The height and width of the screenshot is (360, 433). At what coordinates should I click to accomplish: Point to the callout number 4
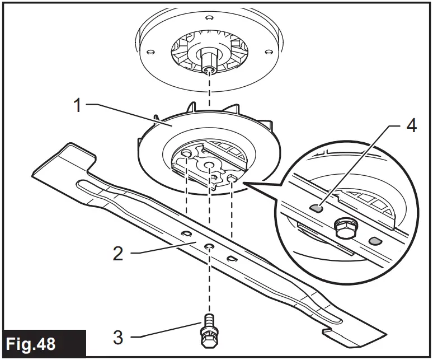coord(411,127)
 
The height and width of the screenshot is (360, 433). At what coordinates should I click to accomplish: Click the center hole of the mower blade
coord(208,246)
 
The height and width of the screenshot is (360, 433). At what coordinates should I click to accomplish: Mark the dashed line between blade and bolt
coord(209,286)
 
